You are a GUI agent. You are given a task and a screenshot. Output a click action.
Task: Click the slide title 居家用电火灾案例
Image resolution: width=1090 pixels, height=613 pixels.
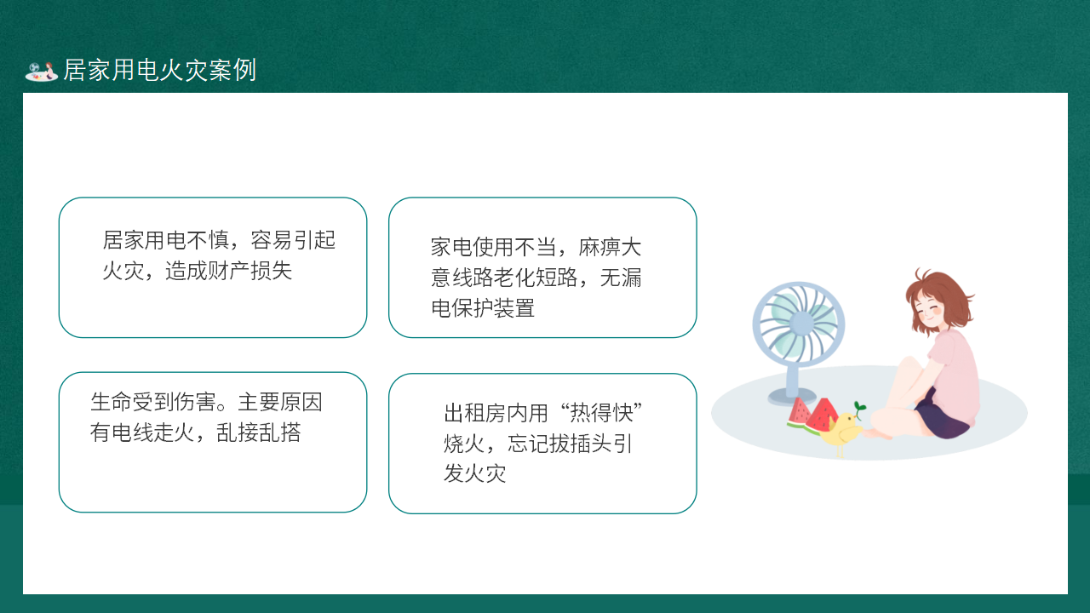pyautogui.click(x=159, y=70)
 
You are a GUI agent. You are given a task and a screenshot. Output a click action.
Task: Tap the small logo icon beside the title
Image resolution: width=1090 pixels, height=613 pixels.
pyautogui.click(x=42, y=72)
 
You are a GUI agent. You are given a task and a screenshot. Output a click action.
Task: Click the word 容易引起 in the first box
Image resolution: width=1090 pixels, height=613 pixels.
pyautogui.click(x=293, y=240)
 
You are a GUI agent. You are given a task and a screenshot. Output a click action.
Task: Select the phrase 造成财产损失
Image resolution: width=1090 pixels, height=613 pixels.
pyautogui.click(x=228, y=271)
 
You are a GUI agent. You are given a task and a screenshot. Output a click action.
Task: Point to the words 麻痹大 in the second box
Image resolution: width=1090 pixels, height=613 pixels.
pyautogui.click(x=610, y=247)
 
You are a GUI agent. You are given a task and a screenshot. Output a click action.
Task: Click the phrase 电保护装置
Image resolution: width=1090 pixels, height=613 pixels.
pyautogui.click(x=483, y=308)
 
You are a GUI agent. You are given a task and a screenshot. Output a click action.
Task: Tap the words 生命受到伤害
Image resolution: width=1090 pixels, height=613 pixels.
pyautogui.click(x=152, y=402)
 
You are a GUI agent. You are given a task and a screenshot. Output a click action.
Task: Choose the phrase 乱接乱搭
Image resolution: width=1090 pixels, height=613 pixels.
pyautogui.click(x=258, y=432)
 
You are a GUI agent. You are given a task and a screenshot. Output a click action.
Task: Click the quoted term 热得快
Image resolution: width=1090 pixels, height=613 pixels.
pyautogui.click(x=601, y=413)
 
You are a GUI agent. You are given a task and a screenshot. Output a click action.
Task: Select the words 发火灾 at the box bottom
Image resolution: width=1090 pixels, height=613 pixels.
pyautogui.click(x=474, y=473)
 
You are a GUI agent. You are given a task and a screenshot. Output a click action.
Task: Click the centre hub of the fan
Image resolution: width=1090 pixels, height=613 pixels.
pyautogui.click(x=801, y=323)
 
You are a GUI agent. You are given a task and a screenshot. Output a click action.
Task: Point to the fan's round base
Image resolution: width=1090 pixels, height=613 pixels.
pyautogui.click(x=792, y=397)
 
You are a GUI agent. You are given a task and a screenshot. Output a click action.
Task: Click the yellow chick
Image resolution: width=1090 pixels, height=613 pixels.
pyautogui.click(x=842, y=430)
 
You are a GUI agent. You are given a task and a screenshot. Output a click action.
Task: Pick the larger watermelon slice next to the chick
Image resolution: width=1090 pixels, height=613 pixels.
pyautogui.click(x=823, y=416)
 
